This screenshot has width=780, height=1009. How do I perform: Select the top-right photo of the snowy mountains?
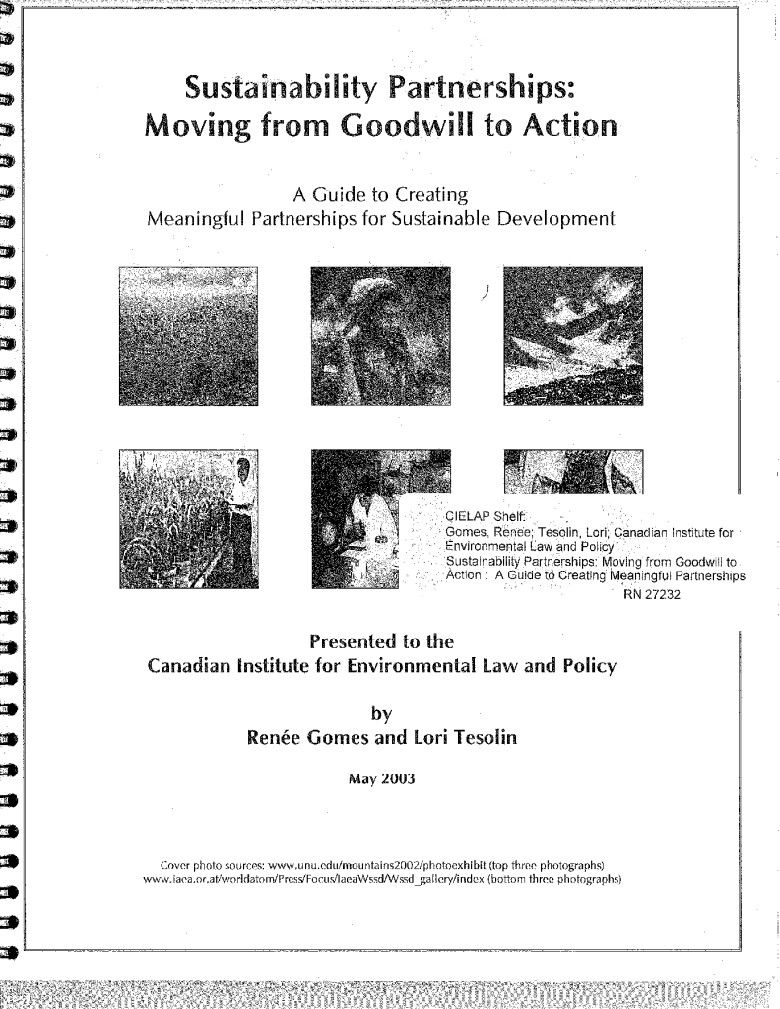click(x=571, y=335)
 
